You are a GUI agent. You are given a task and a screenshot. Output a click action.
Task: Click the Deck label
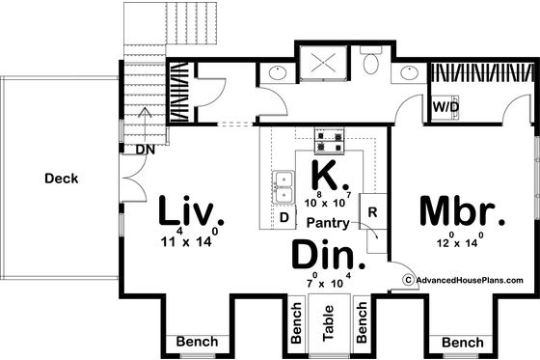61,178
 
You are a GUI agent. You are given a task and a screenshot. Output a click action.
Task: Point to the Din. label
328,258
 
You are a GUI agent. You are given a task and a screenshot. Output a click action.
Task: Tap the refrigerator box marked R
372,207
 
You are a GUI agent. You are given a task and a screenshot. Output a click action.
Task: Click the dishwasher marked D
284,218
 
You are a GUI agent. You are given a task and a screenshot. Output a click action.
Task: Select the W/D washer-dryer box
445,106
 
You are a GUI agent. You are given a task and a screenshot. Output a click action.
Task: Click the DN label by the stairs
146,150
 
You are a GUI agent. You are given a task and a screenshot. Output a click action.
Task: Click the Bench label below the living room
196,343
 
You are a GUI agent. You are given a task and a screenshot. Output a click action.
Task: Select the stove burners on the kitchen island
328,144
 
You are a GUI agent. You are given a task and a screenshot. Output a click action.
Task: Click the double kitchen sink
284,188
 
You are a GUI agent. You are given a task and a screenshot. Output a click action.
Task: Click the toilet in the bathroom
372,65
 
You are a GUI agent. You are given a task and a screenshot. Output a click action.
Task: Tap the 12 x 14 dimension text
458,243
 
